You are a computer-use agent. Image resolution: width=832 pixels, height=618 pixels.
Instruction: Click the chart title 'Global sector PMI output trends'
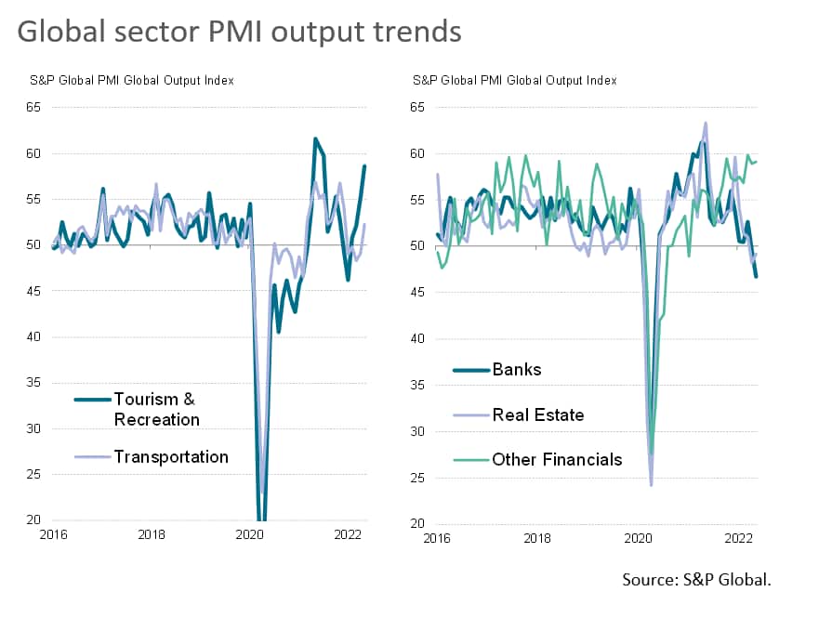(239, 31)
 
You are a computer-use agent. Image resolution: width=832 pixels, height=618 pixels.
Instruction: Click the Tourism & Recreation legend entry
(156, 409)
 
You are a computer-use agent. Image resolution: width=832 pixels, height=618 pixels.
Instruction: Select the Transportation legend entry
(171, 456)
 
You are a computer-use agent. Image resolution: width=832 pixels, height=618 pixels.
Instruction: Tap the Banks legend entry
(516, 369)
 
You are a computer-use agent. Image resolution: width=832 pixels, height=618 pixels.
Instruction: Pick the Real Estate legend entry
(537, 414)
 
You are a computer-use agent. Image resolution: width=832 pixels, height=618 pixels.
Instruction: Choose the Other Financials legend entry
(557, 459)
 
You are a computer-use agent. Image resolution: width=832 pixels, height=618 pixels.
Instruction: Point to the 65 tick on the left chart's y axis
(33, 107)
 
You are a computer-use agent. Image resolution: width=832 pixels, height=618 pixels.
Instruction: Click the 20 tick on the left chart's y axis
(33, 520)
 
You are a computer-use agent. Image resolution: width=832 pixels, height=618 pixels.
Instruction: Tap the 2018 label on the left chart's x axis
(152, 534)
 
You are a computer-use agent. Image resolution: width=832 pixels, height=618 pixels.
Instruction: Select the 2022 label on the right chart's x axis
(738, 538)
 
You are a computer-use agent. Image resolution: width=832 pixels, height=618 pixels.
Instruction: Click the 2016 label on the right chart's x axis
(436, 538)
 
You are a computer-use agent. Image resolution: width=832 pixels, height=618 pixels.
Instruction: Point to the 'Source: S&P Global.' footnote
(696, 580)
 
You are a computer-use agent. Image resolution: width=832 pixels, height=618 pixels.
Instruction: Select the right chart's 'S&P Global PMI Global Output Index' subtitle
(514, 81)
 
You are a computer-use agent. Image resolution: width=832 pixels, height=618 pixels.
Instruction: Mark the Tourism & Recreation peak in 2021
(315, 138)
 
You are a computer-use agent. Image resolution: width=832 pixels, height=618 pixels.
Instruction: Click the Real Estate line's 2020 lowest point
(651, 484)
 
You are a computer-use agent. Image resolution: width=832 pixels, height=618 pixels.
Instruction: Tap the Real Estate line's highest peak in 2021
(706, 123)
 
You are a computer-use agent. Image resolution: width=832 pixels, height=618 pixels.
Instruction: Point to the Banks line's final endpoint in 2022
(756, 276)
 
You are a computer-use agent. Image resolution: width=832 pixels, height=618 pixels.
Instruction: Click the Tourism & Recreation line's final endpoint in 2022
(365, 165)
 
